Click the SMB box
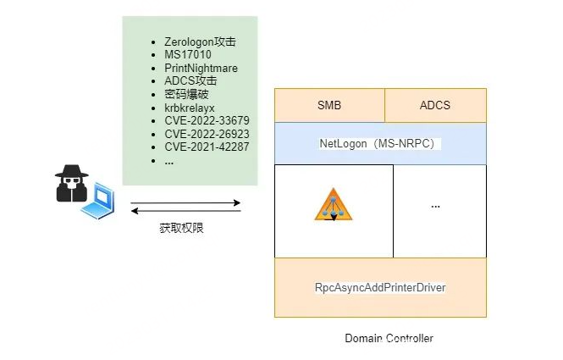pos(329,105)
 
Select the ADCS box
pos(435,105)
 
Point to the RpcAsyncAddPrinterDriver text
pos(380,287)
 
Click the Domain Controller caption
pos(389,338)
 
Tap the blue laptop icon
pos(102,201)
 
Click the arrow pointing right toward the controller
pos(185,202)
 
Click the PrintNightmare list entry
pos(201,68)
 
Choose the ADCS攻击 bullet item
pos(190,80)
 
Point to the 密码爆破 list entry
pos(186,94)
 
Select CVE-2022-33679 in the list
pos(207,120)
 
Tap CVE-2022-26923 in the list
pos(207,134)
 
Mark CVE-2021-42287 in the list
pos(207,147)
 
